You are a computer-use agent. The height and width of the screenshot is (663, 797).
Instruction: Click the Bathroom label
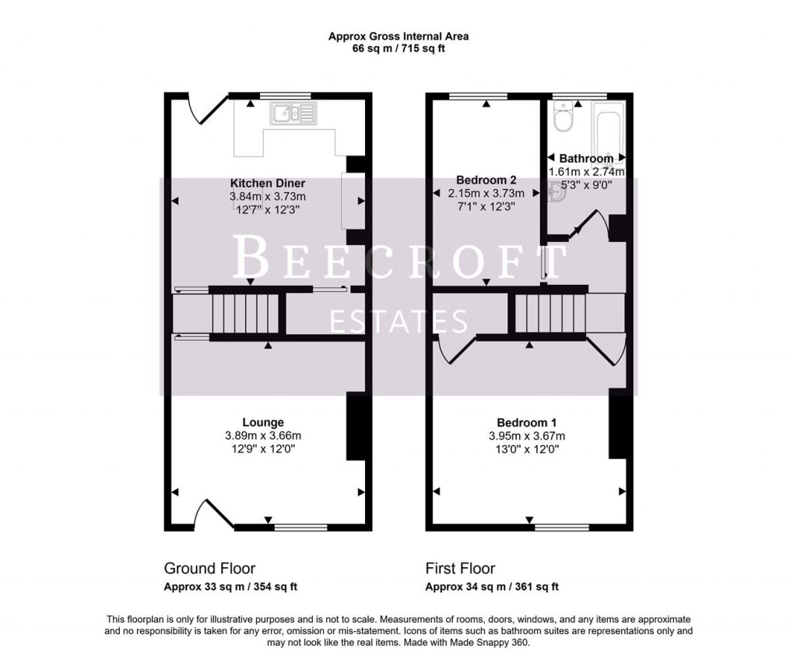tap(586, 159)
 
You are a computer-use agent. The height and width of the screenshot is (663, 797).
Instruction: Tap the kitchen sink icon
tap(293, 114)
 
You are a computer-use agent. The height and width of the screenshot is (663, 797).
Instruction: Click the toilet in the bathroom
tap(560, 118)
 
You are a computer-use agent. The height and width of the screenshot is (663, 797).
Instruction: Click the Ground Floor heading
tap(209, 569)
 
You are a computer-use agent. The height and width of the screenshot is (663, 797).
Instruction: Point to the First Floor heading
tap(460, 569)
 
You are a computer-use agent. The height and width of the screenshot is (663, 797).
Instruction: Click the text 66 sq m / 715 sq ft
tap(398, 48)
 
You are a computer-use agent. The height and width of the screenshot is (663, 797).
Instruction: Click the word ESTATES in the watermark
tap(398, 321)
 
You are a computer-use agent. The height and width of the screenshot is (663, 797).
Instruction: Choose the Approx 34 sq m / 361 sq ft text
tap(492, 587)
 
